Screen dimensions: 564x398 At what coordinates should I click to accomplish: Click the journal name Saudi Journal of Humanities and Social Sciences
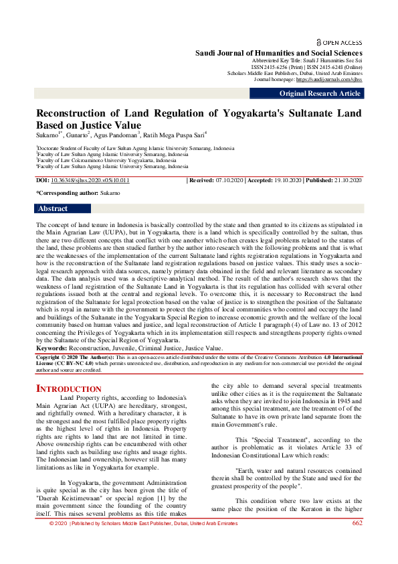tap(278, 53)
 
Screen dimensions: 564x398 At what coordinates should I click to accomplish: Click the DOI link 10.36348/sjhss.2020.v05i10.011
tap(90, 181)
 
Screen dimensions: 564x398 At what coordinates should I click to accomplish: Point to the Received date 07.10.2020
tap(227, 181)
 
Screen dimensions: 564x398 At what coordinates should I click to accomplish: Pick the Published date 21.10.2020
tap(344, 181)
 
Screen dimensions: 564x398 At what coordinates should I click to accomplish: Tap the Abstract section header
tap(53, 208)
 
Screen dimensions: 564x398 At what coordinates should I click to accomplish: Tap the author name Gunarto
tap(81, 135)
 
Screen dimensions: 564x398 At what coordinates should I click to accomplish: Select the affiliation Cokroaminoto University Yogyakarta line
tap(107, 161)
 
